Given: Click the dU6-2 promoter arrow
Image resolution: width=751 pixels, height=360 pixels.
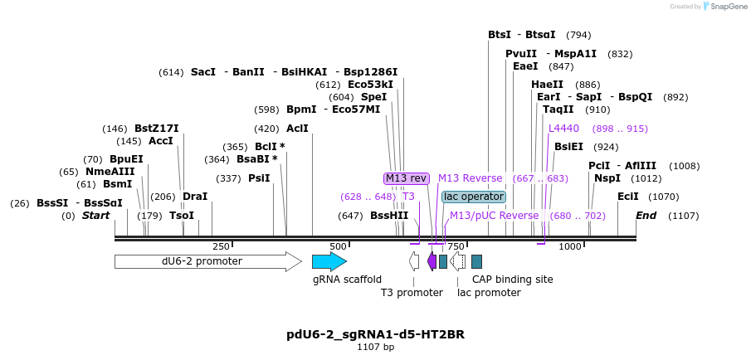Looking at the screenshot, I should [x=207, y=261].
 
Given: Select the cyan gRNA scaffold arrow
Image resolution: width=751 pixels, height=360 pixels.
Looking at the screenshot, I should [x=329, y=261].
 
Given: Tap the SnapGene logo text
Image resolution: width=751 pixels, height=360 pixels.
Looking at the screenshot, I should [x=725, y=7].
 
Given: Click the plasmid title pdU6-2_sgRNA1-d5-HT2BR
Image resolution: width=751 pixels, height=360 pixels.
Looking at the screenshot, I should [x=375, y=334].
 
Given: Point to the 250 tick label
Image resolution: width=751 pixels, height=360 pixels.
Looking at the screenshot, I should [x=221, y=246].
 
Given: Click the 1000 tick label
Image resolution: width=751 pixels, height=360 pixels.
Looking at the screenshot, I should [x=570, y=246].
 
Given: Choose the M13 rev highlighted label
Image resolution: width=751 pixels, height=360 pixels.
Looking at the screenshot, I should [x=406, y=178].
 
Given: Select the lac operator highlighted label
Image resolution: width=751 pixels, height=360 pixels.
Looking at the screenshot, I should [x=473, y=197].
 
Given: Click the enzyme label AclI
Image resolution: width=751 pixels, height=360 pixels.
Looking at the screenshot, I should [x=297, y=129].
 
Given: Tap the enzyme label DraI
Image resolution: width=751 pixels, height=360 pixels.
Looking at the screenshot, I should [x=195, y=197].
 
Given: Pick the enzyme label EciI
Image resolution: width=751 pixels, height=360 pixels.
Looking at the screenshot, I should [x=628, y=197].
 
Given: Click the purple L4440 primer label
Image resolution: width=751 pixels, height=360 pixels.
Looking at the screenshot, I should [x=563, y=129].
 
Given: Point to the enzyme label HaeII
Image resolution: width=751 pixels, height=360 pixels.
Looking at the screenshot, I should [x=547, y=85].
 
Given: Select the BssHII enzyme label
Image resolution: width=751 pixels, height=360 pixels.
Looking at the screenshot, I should [x=389, y=216].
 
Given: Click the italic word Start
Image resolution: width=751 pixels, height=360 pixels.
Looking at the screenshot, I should [x=95, y=216].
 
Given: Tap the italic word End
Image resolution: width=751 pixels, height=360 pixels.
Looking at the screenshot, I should [x=646, y=216].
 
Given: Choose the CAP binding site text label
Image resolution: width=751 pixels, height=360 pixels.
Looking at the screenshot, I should [x=512, y=280].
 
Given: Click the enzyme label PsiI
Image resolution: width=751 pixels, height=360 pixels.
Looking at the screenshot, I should [x=259, y=178].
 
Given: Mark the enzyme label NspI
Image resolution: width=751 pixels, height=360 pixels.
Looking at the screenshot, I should [x=607, y=178].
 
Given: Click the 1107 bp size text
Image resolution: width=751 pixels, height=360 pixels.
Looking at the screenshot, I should [x=375, y=347].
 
